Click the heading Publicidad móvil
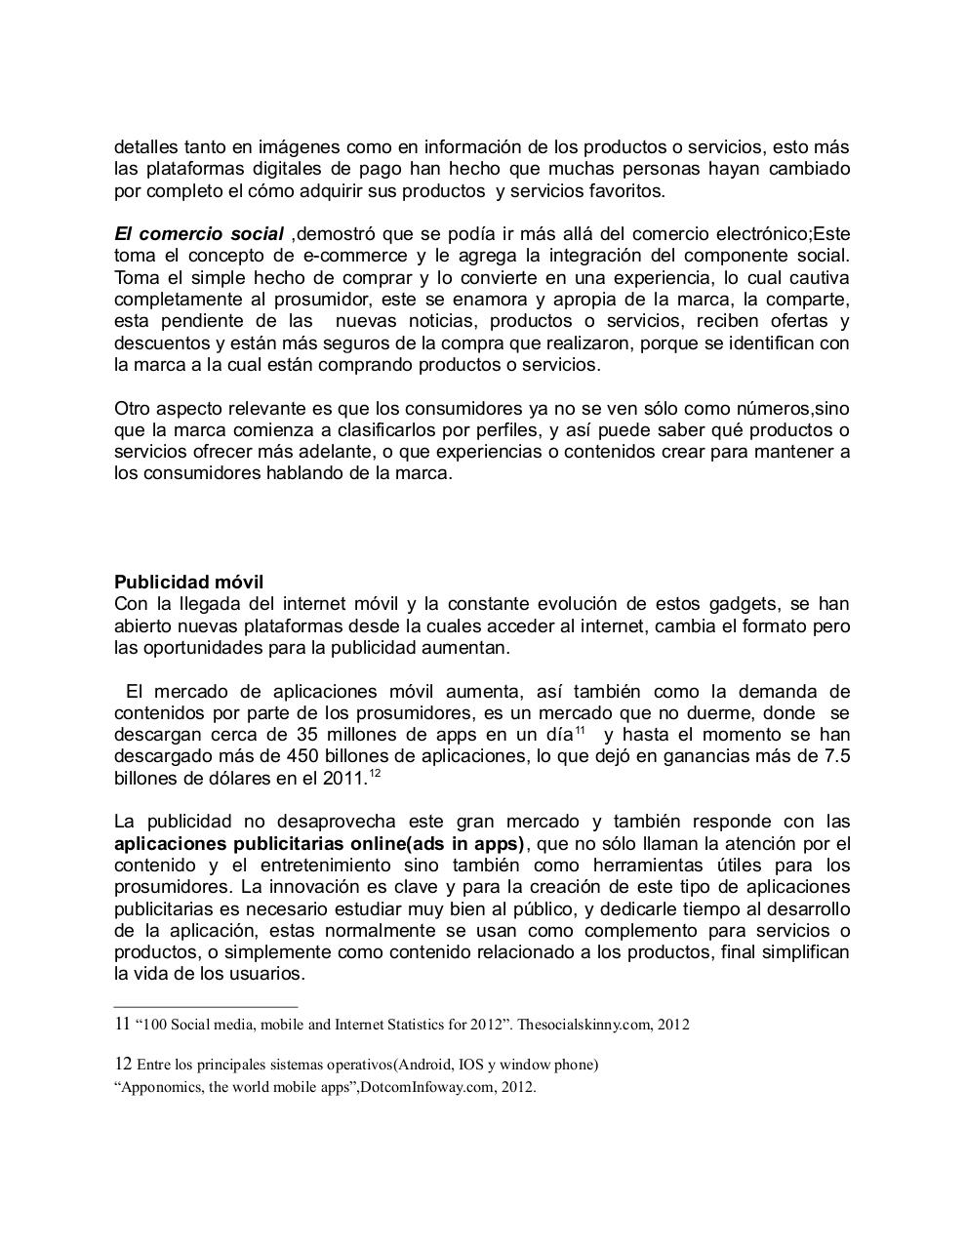click(188, 583)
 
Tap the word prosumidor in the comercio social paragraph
click(317, 300)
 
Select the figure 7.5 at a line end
click(837, 756)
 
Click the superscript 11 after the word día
click(580, 731)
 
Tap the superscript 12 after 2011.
click(375, 774)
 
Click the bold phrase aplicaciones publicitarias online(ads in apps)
click(319, 844)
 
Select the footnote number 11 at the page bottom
click(122, 1025)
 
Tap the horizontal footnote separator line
click(205, 1006)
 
